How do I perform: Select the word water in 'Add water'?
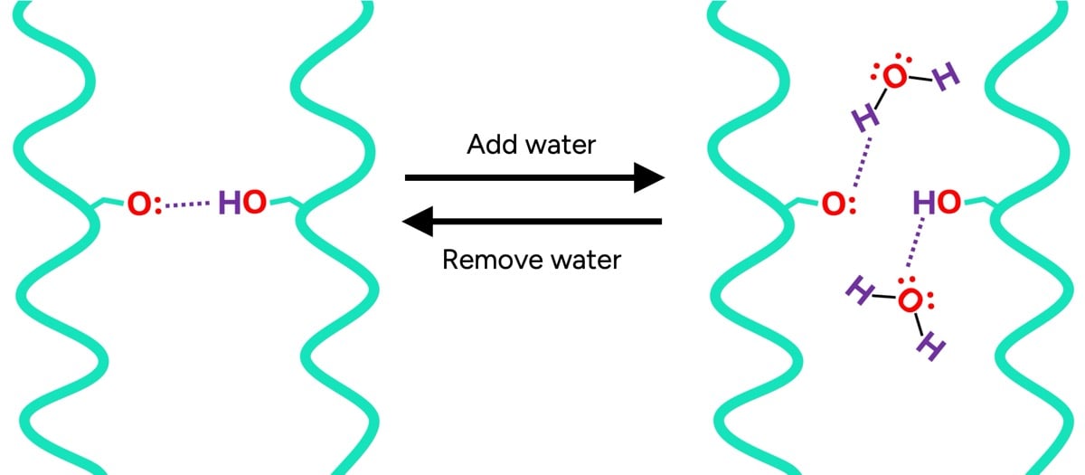pos(561,145)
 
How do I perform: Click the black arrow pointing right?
pos(533,177)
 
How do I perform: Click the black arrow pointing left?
pos(533,220)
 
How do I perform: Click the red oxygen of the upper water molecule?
pos(893,78)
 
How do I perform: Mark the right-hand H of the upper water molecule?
pos(947,80)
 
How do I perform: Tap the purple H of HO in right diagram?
pos(924,203)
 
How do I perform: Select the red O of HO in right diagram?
pos(948,203)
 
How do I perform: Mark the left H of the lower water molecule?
pos(858,289)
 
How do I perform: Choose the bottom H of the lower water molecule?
pos(930,347)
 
